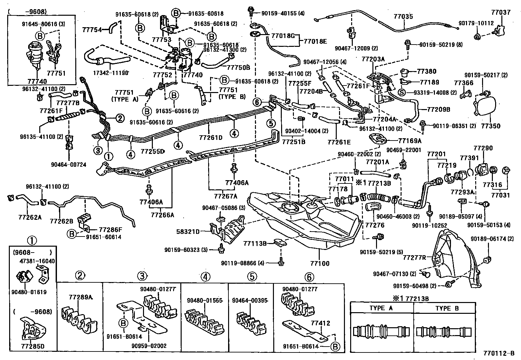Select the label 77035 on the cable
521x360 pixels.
click(x=403, y=16)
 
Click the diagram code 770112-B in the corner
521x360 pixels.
click(x=499, y=353)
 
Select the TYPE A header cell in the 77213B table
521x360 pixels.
click(x=381, y=308)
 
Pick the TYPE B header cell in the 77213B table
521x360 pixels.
click(x=447, y=308)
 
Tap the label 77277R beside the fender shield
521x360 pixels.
click(x=415, y=257)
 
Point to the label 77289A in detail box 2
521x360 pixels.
click(x=81, y=297)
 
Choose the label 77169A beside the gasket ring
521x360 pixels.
click(x=410, y=141)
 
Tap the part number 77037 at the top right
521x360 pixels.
click(x=501, y=13)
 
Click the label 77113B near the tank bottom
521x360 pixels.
click(x=255, y=243)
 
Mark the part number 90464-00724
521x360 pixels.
click(x=69, y=165)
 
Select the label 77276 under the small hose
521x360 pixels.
click(x=375, y=225)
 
